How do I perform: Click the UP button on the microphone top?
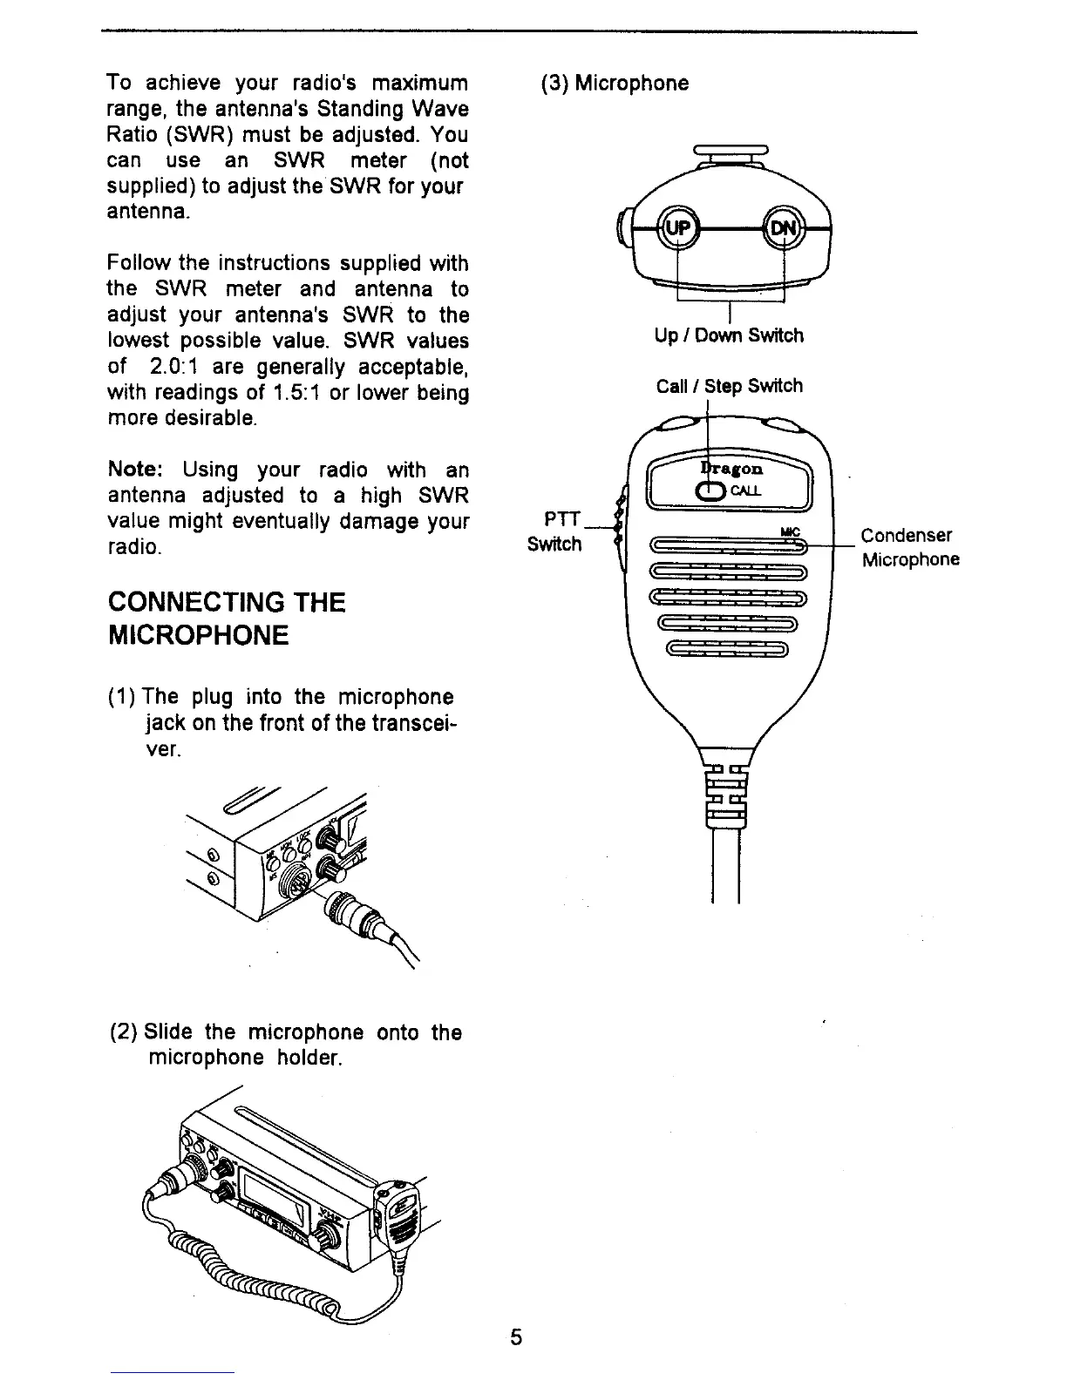pos(678,227)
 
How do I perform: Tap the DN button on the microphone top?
pos(783,227)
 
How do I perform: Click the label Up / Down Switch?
pos(729,335)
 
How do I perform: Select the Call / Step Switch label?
pos(729,386)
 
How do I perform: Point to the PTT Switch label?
pos(556,531)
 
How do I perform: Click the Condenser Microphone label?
pos(909,547)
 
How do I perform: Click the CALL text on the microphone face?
pos(745,490)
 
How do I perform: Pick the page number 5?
pos(516,1337)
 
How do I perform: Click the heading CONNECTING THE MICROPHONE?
pos(226,619)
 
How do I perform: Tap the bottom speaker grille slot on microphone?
pos(727,648)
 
